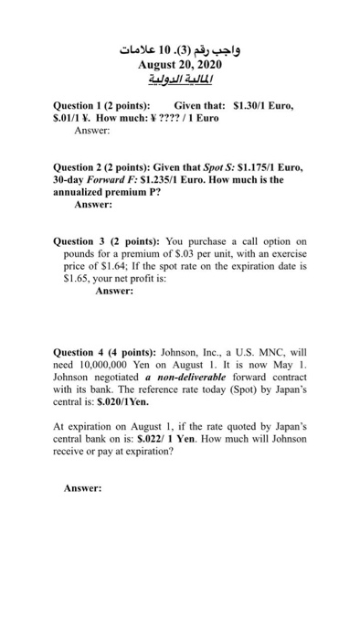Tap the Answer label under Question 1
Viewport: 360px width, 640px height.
[x=90, y=131]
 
